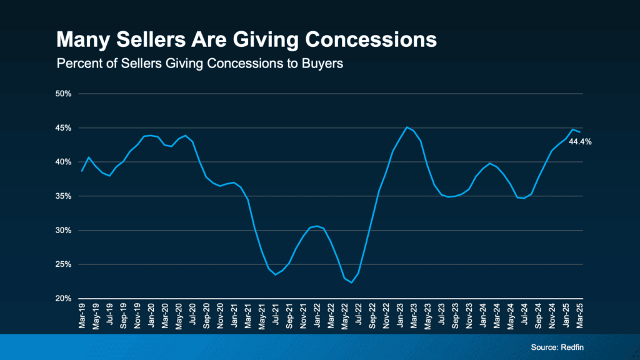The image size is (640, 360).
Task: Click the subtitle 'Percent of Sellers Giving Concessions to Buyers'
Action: point(200,64)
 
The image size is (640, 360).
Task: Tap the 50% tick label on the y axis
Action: point(65,94)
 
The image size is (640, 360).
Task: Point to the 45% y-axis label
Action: point(65,128)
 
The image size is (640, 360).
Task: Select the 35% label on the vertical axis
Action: point(65,196)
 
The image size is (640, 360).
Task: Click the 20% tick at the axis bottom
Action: point(65,299)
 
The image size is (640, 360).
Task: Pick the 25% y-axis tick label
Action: point(65,264)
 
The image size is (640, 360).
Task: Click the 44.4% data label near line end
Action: point(580,142)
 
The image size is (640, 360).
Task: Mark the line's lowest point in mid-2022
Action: point(351,282)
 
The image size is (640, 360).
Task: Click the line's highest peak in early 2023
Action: point(407,127)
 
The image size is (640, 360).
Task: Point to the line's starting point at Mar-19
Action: point(82,171)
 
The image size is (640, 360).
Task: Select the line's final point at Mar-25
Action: point(579,132)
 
